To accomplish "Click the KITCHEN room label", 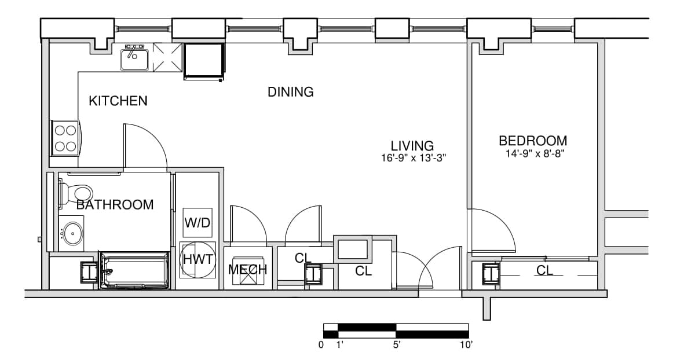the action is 118,101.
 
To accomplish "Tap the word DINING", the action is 291,92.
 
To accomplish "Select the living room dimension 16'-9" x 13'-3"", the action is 414,157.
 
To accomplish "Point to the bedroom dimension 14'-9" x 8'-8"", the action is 534,153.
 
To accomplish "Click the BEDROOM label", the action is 533,141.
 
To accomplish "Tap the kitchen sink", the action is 134,59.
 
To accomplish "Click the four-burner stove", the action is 65,138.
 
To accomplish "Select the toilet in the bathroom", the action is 75,193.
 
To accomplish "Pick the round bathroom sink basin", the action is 72,233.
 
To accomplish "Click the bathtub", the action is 134,270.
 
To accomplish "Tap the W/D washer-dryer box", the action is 197,222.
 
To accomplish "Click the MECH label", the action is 247,270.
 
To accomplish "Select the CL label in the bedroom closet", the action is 544,270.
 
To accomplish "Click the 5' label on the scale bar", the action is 396,344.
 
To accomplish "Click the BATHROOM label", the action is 115,205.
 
